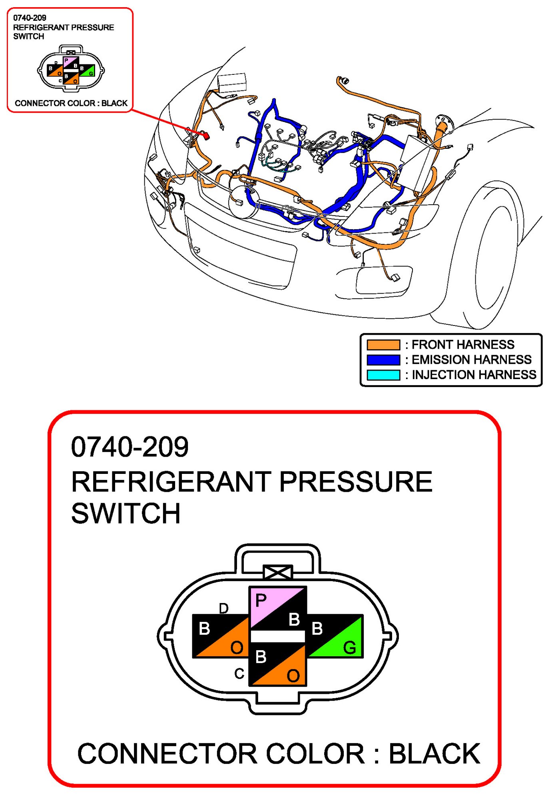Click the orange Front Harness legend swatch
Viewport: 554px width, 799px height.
[383, 345]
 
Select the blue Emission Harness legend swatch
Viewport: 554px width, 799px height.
[383, 360]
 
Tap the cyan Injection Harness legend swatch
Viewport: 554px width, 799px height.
[383, 375]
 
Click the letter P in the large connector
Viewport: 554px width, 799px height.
[261, 600]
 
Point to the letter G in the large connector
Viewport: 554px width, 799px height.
[349, 647]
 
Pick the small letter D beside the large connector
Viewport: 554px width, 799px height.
[223, 608]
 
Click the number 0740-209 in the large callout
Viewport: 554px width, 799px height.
[130, 447]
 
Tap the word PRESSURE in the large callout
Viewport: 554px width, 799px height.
[355, 481]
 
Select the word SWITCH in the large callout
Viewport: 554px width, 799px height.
[126, 513]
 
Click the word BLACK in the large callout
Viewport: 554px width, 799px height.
[434, 754]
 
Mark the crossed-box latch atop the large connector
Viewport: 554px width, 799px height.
[278, 572]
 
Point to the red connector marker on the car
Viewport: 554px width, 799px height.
[206, 136]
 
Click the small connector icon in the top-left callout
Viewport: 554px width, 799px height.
[71, 68]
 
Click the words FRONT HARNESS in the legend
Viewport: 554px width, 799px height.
[462, 345]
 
